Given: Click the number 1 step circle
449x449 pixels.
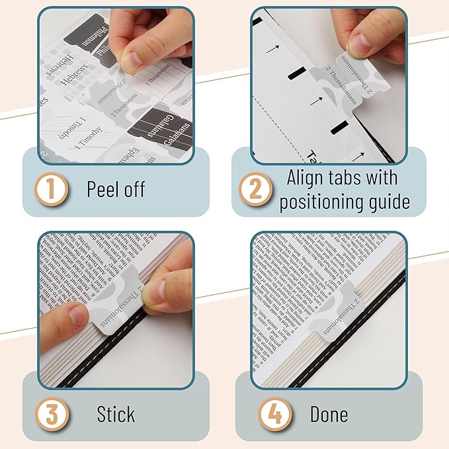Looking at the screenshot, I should (x=52, y=189).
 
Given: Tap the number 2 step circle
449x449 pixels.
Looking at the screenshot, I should (x=255, y=189).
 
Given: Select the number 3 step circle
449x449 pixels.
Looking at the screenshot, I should (x=52, y=415).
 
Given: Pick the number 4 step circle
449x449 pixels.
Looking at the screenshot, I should (x=270, y=415).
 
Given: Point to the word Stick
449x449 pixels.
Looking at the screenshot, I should (x=116, y=415).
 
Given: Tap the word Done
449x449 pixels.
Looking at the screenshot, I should (x=329, y=415).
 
